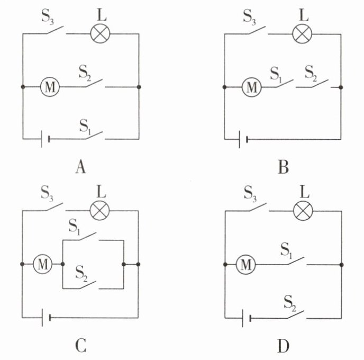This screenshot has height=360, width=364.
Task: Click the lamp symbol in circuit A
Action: coord(100,34)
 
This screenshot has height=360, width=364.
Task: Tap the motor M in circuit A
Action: coord(50,87)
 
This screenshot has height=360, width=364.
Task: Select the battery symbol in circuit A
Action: coord(45,139)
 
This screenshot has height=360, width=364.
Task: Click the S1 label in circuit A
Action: coord(85,127)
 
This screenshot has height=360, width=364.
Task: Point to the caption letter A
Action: coord(80,167)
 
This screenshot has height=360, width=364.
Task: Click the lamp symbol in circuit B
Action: coord(302,34)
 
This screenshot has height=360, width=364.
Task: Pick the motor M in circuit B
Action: coord(252,87)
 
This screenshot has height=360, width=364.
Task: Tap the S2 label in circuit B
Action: coord(311,73)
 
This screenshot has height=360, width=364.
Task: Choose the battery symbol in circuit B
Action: coord(243,140)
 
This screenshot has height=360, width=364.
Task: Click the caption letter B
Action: coord(284,167)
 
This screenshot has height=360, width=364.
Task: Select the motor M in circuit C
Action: coord(43,264)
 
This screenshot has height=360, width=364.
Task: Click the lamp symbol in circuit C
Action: coord(99,211)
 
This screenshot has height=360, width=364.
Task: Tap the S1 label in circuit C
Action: coord(75,226)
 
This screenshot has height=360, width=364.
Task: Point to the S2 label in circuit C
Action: coord(81,274)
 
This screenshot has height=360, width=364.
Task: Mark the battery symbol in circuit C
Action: coord(46,318)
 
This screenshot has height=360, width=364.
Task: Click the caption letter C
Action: coord(80,346)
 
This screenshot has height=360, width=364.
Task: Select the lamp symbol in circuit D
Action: coord(303,211)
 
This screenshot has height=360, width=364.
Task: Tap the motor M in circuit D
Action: coord(246,265)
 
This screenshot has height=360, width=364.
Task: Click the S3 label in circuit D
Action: coord(250,194)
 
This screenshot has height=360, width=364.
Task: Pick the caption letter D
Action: coord(284,346)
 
